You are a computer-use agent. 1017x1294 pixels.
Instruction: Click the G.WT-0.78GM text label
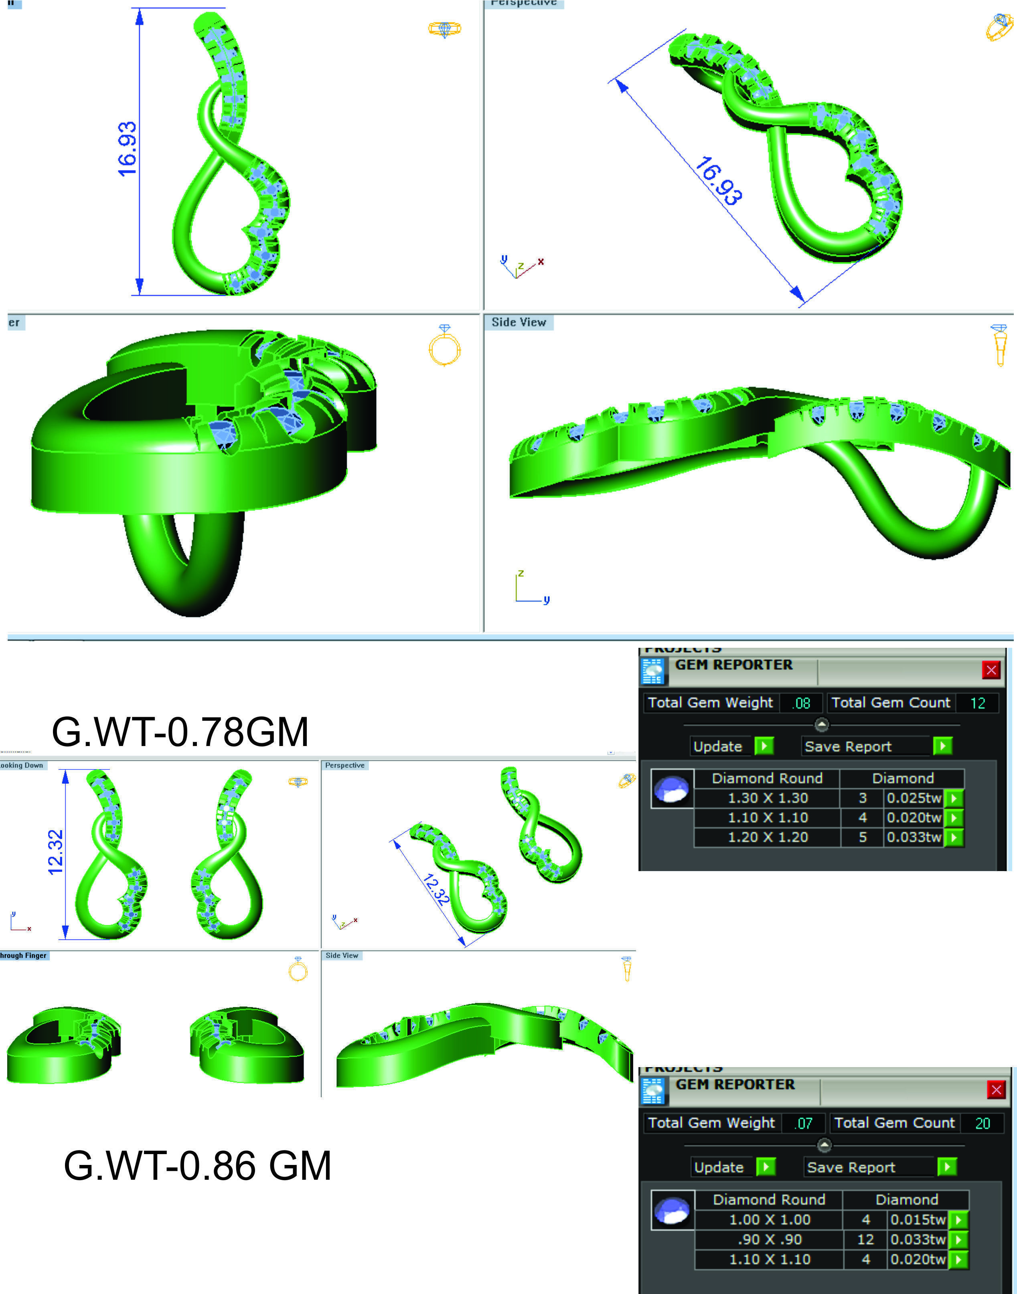point(180,732)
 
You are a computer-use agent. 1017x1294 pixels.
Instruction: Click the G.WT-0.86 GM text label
point(197,1165)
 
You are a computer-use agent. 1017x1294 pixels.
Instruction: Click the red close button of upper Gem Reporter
point(991,670)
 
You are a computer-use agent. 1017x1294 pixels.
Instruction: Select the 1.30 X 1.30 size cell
point(768,798)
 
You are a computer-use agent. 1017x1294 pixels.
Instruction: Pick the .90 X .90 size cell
point(769,1239)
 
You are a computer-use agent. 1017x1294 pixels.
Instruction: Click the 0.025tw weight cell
point(914,798)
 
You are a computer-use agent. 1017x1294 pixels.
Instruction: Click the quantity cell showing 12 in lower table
point(865,1239)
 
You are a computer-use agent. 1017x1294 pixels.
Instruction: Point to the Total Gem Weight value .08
point(802,704)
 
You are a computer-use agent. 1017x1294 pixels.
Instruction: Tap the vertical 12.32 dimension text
point(55,852)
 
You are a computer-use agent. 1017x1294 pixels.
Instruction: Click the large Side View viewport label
point(519,322)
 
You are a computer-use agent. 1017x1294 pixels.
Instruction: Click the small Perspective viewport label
point(345,765)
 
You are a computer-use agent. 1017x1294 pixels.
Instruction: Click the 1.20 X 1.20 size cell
point(768,837)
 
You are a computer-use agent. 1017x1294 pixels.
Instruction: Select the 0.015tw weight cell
point(918,1219)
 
